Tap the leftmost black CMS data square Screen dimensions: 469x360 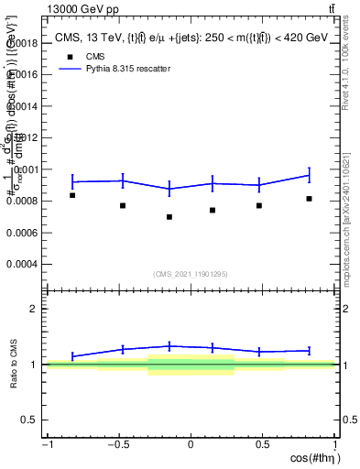[x=72, y=195]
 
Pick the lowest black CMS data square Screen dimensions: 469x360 [x=169, y=217]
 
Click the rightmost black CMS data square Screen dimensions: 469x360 [x=310, y=199]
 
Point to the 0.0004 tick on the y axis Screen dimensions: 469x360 [x=23, y=264]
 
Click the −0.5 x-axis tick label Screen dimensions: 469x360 [x=118, y=444]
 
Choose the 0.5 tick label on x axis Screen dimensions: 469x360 [x=262, y=444]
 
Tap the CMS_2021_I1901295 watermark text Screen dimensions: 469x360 [x=191, y=274]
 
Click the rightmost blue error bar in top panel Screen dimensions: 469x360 [x=310, y=174]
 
